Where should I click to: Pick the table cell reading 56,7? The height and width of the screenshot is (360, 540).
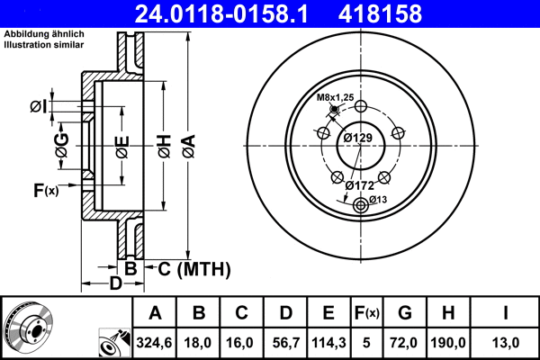pos(284,342)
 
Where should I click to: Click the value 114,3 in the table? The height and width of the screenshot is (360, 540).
pos(328,342)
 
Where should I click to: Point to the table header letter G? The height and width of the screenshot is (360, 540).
pos(404,314)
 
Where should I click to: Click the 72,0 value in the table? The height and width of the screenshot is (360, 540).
pos(404,342)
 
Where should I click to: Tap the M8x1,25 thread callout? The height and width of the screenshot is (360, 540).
pos(334,97)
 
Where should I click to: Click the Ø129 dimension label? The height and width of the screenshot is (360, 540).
pos(358,138)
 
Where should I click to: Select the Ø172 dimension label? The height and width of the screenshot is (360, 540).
pos(360,185)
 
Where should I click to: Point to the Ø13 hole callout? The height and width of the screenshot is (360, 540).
pos(377,199)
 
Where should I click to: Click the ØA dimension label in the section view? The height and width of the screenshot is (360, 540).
pos(188,144)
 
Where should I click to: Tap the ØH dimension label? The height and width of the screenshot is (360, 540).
pos(165,144)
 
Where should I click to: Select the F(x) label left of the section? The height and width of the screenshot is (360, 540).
pos(45,190)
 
